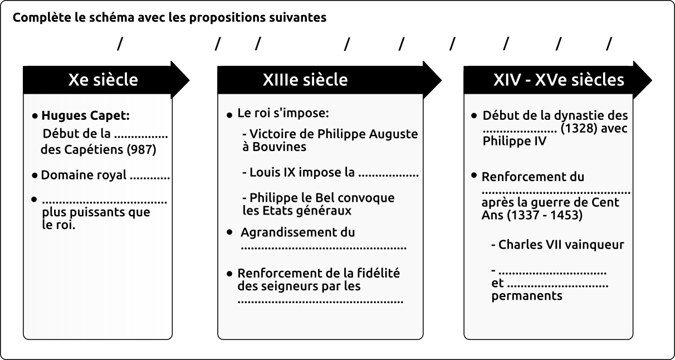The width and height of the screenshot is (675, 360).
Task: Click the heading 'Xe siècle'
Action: (x=103, y=80)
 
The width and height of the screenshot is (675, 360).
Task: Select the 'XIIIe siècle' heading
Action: (x=305, y=80)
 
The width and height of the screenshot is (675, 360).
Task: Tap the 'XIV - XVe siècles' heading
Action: (x=559, y=80)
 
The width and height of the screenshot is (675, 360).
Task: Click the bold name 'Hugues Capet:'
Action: (x=86, y=115)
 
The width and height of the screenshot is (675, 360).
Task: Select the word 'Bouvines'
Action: (x=280, y=147)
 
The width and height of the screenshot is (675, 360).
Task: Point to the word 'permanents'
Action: (x=527, y=296)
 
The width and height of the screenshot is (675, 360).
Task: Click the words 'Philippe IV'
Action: (x=515, y=141)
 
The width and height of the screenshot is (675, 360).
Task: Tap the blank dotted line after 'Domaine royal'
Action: (x=150, y=178)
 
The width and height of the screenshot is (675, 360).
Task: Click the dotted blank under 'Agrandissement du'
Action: (x=324, y=249)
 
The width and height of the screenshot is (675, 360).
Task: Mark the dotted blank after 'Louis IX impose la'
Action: (x=388, y=175)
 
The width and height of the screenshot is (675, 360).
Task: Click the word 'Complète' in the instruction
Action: (x=42, y=17)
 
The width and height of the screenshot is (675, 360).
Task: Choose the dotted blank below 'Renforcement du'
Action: (x=556, y=192)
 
